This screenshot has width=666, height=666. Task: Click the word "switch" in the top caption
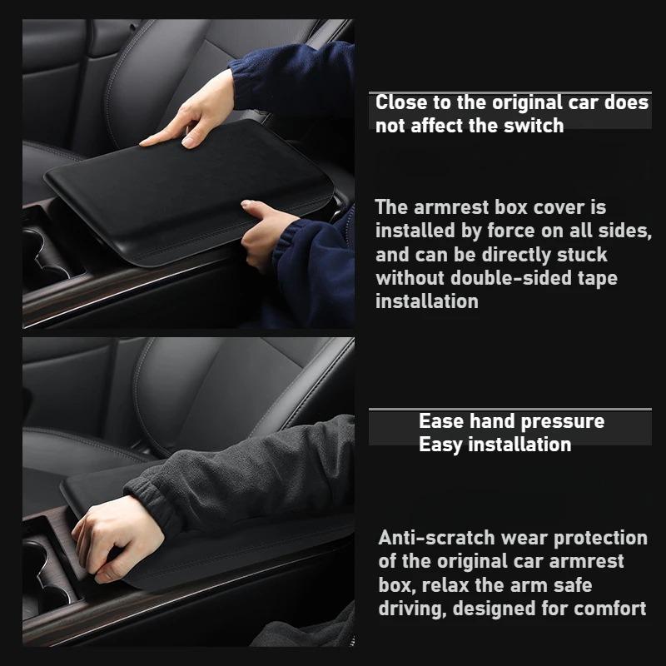point(535,126)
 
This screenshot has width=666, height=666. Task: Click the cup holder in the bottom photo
point(42,574)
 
